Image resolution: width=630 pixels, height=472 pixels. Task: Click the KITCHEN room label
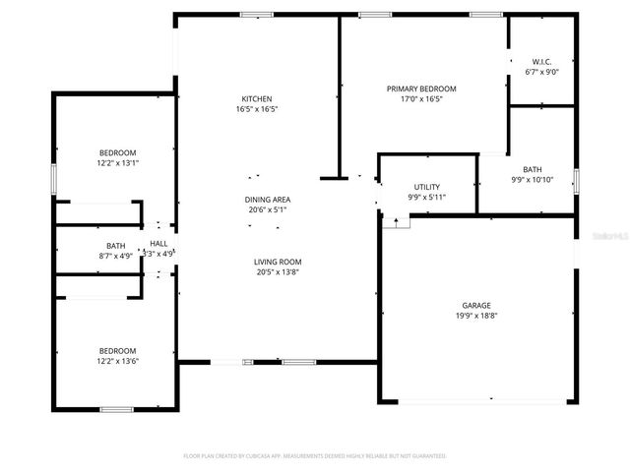click(x=257, y=99)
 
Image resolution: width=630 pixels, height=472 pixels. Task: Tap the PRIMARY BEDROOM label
click(x=420, y=88)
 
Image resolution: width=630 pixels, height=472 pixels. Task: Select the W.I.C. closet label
click(x=540, y=60)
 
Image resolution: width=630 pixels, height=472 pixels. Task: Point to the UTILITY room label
click(x=426, y=187)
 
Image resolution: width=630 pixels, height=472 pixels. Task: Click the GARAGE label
click(x=476, y=306)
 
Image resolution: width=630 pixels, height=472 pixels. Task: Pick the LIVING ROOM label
click(x=278, y=262)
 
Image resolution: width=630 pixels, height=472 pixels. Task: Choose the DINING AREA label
click(x=268, y=200)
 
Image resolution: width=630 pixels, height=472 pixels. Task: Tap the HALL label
click(x=158, y=243)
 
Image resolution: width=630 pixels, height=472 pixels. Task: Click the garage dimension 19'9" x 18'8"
click(x=476, y=317)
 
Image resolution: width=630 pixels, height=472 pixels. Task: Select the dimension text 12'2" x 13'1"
click(x=117, y=163)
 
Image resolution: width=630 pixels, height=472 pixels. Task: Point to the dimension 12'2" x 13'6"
click(x=117, y=362)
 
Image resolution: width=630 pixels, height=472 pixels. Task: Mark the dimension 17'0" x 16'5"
click(x=420, y=99)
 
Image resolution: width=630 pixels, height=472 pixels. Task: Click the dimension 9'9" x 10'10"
click(x=533, y=180)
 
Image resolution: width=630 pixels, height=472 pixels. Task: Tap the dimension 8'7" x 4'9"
click(x=116, y=256)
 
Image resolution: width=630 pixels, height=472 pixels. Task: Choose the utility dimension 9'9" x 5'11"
click(x=426, y=197)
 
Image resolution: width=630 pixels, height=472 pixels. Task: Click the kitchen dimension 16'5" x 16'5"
click(x=257, y=110)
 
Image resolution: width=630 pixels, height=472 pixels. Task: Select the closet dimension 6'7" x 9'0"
click(x=540, y=71)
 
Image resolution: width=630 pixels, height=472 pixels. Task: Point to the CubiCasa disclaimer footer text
click(x=315, y=456)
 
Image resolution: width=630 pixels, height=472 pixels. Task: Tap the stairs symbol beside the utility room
click(x=397, y=221)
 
